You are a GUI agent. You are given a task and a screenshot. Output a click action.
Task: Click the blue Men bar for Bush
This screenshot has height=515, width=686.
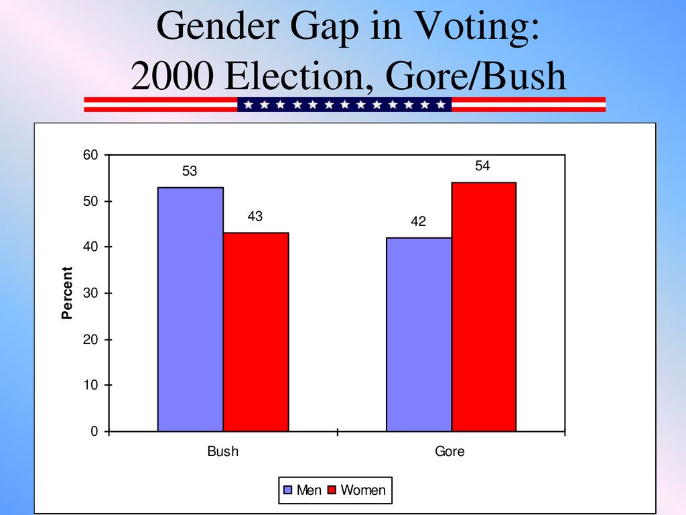click(x=190, y=309)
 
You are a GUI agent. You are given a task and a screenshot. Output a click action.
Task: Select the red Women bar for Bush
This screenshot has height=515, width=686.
click(x=256, y=332)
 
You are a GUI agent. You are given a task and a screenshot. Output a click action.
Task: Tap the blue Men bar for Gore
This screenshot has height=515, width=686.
click(x=419, y=335)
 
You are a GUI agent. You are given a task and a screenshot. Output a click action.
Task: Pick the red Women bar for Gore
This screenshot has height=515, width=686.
click(x=484, y=307)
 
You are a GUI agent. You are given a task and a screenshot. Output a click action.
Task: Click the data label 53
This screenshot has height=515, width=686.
click(x=190, y=171)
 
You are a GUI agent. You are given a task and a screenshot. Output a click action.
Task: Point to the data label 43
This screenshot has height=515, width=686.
click(x=255, y=216)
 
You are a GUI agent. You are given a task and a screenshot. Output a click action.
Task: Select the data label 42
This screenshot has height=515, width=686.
click(x=418, y=221)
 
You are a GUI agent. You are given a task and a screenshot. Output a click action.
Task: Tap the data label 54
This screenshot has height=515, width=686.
click(x=482, y=166)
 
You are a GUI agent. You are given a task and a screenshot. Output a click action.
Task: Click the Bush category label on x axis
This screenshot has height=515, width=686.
click(x=222, y=451)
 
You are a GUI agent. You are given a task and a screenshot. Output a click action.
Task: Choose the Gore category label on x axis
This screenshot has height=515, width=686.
click(x=450, y=451)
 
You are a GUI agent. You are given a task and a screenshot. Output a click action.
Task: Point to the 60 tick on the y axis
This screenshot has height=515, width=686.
click(x=90, y=155)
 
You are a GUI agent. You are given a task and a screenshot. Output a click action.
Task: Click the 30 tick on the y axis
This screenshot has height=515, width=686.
click(x=90, y=293)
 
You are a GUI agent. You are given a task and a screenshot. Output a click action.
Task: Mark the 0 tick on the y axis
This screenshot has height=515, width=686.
click(x=94, y=431)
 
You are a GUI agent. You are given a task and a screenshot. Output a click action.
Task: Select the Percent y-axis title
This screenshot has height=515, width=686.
click(x=67, y=293)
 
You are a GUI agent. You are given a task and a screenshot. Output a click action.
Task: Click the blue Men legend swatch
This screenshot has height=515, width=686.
click(x=287, y=490)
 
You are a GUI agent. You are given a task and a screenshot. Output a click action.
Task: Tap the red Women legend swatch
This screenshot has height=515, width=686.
click(x=332, y=490)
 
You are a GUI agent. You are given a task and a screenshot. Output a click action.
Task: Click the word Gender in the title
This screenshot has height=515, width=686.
click(x=218, y=26)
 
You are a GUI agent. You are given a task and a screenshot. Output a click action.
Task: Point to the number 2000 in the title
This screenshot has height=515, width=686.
click(x=172, y=76)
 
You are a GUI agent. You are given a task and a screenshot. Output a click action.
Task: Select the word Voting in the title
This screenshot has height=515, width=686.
click(x=477, y=27)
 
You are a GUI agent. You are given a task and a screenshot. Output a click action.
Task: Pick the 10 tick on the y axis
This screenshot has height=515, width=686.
click(x=90, y=385)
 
